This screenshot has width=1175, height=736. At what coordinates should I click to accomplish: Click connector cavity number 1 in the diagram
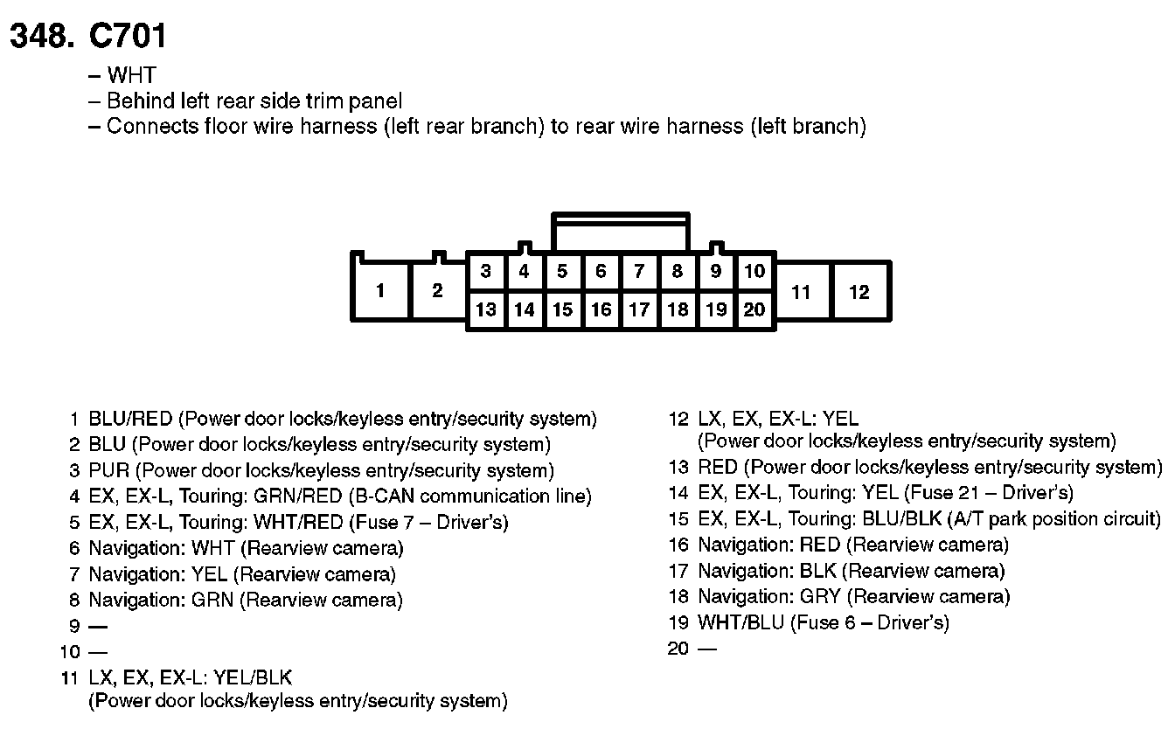click(x=380, y=291)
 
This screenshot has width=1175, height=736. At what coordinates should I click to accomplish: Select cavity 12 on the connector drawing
click(x=859, y=291)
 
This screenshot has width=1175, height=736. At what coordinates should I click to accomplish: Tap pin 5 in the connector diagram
click(x=562, y=272)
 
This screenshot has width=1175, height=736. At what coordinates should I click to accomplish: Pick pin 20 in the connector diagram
click(x=754, y=309)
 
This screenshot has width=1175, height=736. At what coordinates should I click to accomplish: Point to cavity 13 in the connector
click(x=485, y=309)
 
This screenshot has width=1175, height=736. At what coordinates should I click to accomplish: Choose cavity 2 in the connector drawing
click(x=437, y=291)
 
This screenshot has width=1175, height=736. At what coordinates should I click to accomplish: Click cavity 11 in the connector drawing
click(x=802, y=291)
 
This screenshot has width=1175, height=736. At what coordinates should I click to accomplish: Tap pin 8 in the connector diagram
click(x=678, y=272)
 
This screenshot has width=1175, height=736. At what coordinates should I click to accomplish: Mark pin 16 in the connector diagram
click(x=601, y=309)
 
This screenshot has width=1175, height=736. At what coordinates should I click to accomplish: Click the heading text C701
click(x=127, y=36)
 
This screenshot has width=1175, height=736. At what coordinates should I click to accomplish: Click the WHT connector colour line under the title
click(x=131, y=75)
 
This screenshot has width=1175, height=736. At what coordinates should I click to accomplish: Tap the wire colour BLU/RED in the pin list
click(x=130, y=419)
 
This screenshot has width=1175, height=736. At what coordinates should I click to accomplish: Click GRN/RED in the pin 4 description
click(x=297, y=496)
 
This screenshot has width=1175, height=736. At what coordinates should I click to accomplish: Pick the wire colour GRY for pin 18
click(x=820, y=597)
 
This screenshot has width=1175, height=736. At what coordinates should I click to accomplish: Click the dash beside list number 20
click(x=707, y=649)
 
